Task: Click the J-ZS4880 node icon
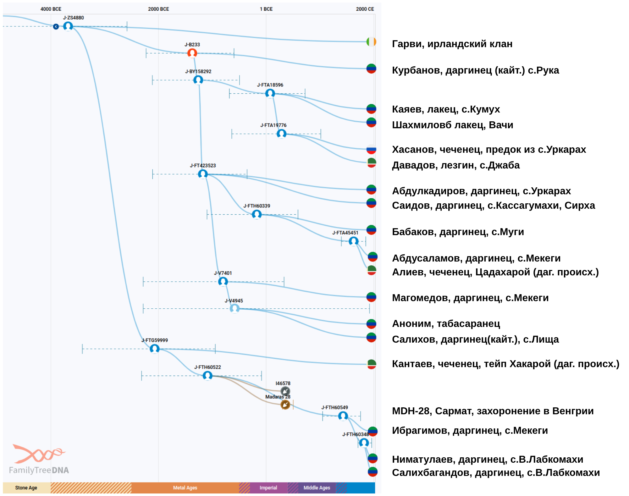(68, 26)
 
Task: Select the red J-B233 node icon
(192, 53)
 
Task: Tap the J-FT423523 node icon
(203, 174)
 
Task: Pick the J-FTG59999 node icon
(154, 349)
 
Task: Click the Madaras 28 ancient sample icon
(285, 405)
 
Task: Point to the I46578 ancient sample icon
(285, 391)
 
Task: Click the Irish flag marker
(371, 41)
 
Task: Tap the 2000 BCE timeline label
(158, 9)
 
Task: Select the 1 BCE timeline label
(266, 9)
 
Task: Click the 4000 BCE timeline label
(51, 9)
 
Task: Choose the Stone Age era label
(26, 488)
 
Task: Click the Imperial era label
(268, 488)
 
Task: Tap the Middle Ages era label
(317, 488)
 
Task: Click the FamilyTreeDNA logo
(39, 459)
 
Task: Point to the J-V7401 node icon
(223, 281)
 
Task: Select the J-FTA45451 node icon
(354, 241)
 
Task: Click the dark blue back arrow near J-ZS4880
(56, 27)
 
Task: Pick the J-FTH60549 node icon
(343, 416)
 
